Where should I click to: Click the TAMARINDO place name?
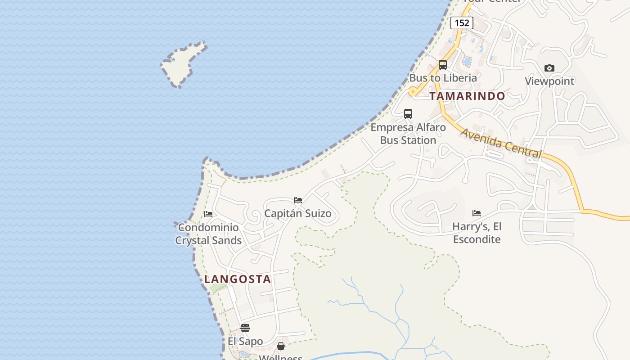tap(467, 96)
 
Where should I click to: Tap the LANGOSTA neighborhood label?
tap(238, 279)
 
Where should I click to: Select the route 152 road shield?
tap(462, 22)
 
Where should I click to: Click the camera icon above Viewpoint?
tap(549, 68)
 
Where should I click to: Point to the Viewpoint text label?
tap(549, 81)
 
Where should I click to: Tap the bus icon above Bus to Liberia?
tap(443, 65)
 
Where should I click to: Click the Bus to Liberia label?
tap(443, 78)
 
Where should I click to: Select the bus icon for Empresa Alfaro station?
tap(408, 114)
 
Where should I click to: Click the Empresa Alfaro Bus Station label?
tap(408, 134)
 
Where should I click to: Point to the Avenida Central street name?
tap(501, 143)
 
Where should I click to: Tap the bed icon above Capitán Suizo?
tap(297, 200)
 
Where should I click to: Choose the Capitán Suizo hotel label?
tap(297, 213)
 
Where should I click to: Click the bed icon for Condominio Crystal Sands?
tap(208, 214)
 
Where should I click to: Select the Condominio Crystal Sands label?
tap(208, 234)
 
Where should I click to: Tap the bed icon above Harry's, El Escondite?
tap(477, 213)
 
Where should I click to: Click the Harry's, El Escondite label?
tap(477, 233)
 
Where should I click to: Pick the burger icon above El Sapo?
tap(245, 328)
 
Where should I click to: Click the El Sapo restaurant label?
tap(245, 341)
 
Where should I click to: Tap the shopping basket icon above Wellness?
tap(281, 346)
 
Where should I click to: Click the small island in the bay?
tap(182, 65)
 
